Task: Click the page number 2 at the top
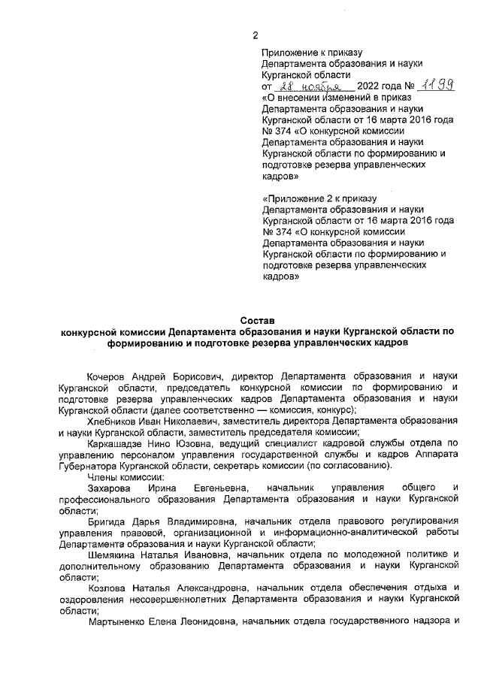(x=255, y=35)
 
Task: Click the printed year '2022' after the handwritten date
(x=372, y=87)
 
